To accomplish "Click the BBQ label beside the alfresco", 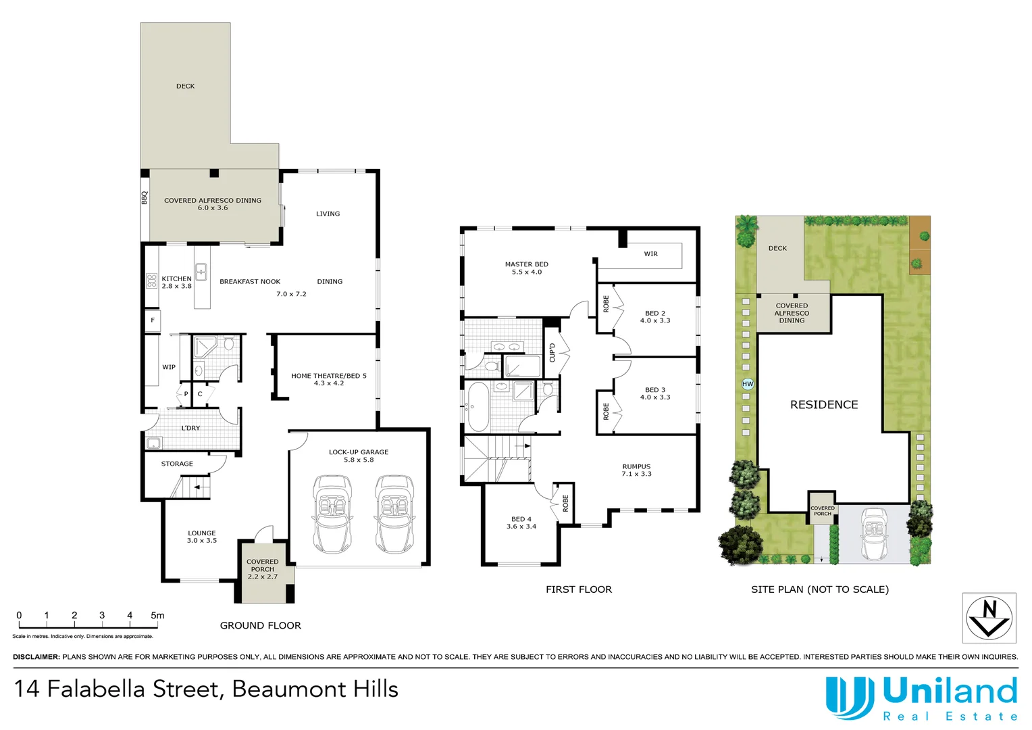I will tap(144, 198).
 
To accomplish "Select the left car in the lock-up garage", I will tap(332, 514).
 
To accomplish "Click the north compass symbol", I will tap(989, 618).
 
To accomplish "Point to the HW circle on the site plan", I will tap(748, 384).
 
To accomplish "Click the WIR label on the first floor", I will tap(650, 254).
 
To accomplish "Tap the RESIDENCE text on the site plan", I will tap(824, 405).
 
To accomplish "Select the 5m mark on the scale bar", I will tap(157, 616).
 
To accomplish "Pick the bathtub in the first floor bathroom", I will tap(478, 406).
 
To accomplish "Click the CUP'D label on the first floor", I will tap(552, 352).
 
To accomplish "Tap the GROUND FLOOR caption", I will tap(260, 626).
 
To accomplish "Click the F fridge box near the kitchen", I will tap(153, 320).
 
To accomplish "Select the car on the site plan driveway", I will tap(874, 535).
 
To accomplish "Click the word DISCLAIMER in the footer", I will tap(36, 657).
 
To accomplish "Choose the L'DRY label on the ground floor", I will tap(190, 428).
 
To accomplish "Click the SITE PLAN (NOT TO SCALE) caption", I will tap(819, 589).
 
